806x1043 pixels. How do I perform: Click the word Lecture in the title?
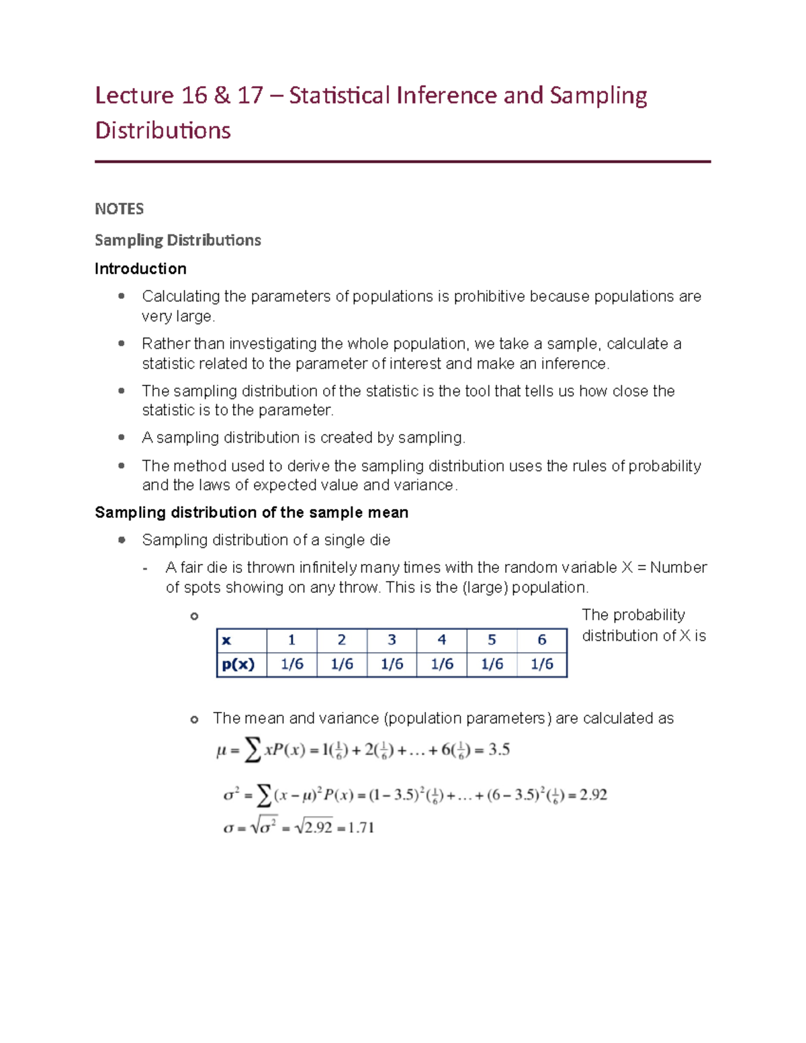coord(134,95)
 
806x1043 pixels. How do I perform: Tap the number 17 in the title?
coord(250,95)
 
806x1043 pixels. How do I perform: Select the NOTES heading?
coord(119,209)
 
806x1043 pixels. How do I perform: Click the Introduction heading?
coord(140,269)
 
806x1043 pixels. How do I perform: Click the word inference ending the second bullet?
coord(575,363)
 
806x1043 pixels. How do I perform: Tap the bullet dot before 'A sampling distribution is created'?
coord(122,437)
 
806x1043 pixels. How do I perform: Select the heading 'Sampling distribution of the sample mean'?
coord(251,512)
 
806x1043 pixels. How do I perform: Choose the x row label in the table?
coord(226,640)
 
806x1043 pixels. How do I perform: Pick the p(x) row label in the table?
coord(238,664)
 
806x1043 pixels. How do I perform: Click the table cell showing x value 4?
coord(441,640)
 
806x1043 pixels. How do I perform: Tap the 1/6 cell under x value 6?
coord(542,664)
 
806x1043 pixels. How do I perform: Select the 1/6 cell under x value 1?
coord(292,664)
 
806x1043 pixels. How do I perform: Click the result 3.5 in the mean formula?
coord(498,750)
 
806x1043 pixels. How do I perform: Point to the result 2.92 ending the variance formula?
coord(593,795)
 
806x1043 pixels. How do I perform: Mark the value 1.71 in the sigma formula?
coord(361,827)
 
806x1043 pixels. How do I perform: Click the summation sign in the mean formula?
coord(253,750)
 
